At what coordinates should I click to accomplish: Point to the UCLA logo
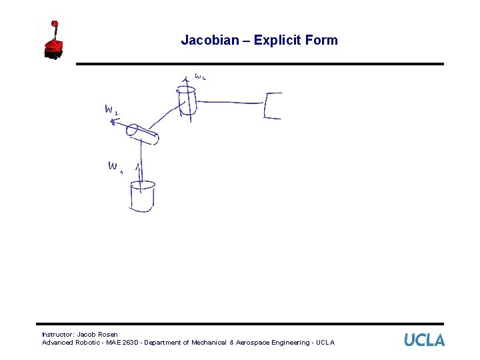tap(424, 340)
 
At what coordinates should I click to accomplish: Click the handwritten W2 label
tap(111, 110)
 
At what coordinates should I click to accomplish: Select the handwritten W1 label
tap(114, 167)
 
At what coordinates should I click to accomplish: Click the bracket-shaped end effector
tap(272, 106)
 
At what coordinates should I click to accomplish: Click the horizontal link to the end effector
tap(231, 103)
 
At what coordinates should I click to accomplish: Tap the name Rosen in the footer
tap(107, 334)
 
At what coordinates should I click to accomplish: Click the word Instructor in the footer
tap(57, 334)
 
